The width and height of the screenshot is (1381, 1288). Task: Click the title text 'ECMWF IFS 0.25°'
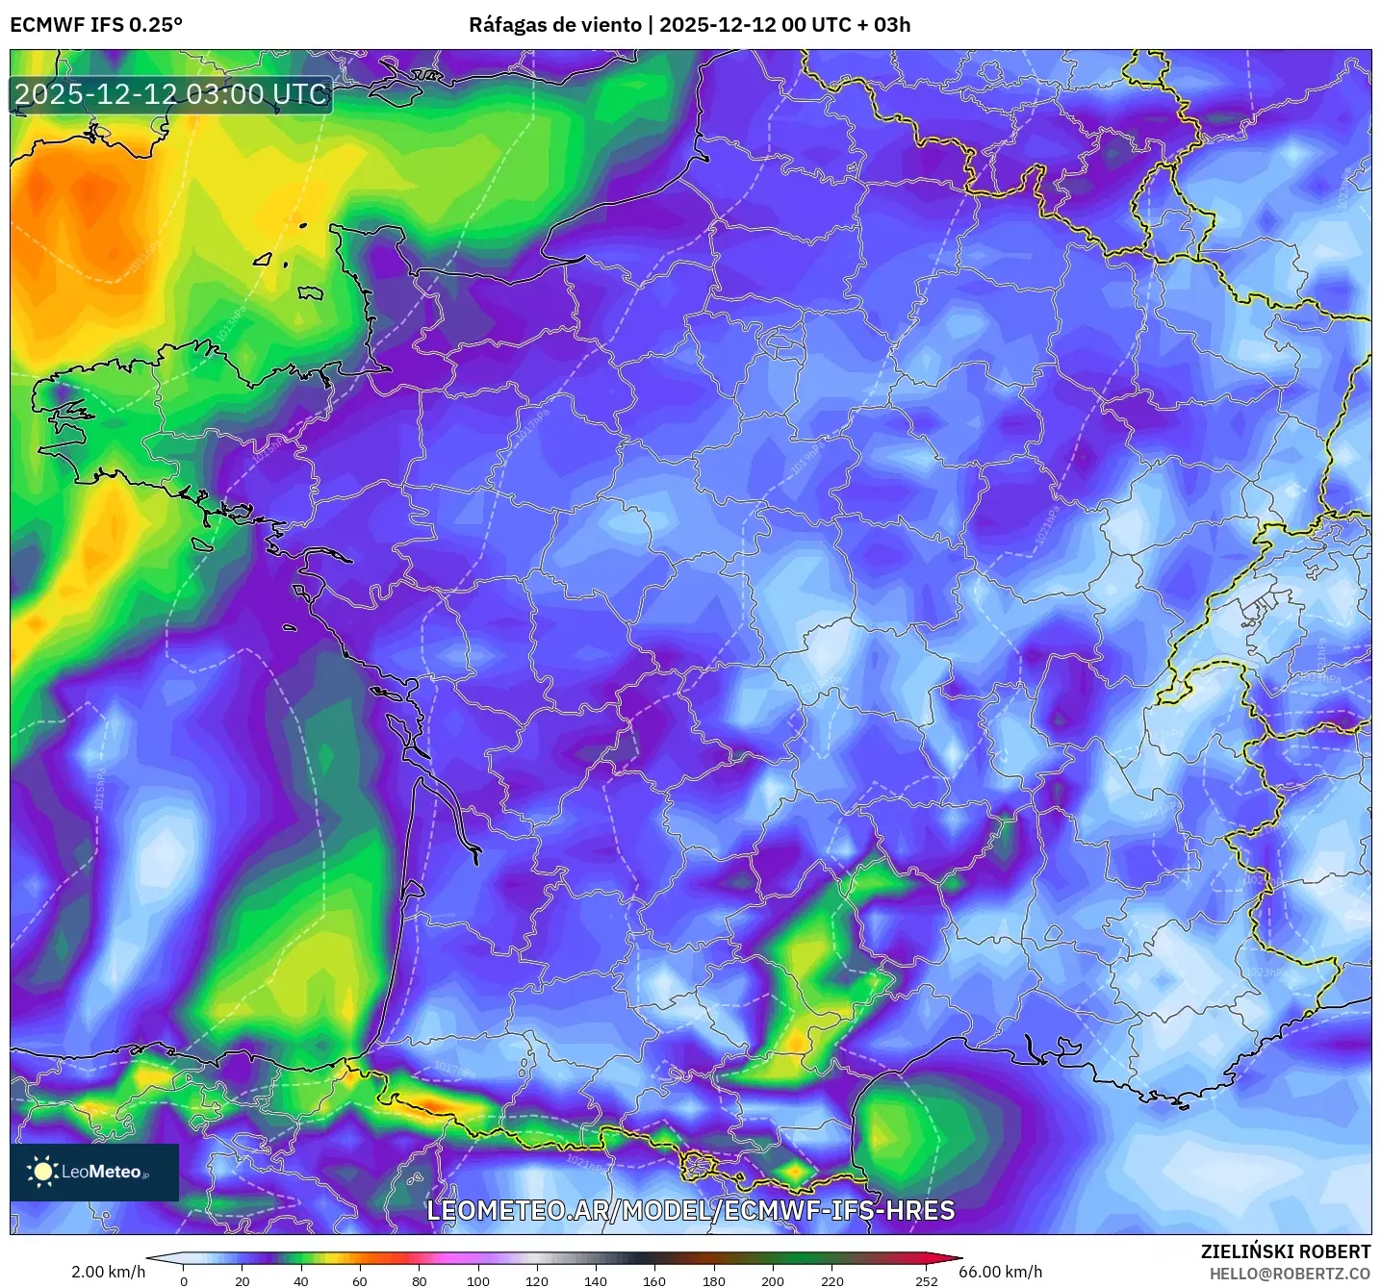96,25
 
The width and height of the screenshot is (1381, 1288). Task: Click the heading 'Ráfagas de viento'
555,25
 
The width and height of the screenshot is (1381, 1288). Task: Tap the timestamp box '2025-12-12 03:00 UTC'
171,94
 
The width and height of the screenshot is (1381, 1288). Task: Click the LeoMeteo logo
94,1172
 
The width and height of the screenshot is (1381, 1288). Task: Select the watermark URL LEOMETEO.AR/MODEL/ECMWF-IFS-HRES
690,1210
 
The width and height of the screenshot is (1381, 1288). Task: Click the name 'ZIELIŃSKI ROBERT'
1286,1251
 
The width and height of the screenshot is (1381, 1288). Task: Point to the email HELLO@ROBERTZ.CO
1290,1274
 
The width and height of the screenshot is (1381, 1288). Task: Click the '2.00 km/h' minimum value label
108,1272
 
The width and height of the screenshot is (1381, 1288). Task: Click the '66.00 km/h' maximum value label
1001,1272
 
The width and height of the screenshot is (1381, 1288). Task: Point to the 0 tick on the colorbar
184,1280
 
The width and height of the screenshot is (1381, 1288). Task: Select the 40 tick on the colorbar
301,1280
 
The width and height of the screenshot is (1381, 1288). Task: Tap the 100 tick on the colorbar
478,1280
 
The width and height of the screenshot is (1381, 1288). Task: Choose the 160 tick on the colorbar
654,1280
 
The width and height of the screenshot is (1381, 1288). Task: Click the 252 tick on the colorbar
926,1280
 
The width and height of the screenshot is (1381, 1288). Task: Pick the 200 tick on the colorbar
773,1280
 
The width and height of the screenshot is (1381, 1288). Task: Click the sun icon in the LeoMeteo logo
42,1172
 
